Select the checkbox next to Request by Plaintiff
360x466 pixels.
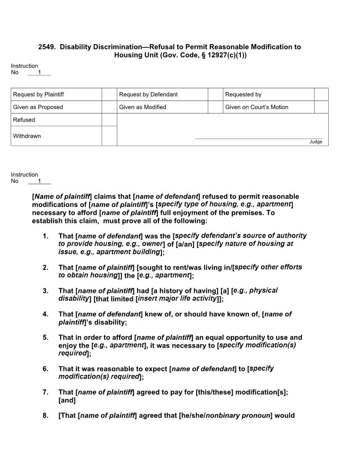(x=109, y=94)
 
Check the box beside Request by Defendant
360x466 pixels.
(x=215, y=94)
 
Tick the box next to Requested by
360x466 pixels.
(x=321, y=94)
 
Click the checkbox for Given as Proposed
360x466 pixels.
(x=109, y=107)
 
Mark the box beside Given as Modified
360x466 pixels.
(x=215, y=107)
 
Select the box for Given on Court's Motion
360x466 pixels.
(x=321, y=107)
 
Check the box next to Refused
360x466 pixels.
(x=109, y=120)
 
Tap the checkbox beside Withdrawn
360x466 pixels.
(x=109, y=136)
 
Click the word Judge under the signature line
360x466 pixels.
(x=315, y=142)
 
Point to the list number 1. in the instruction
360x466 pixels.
(x=45, y=236)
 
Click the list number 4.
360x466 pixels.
(x=45, y=314)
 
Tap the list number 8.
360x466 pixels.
(x=45, y=415)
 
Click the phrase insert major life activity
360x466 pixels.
(x=178, y=299)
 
